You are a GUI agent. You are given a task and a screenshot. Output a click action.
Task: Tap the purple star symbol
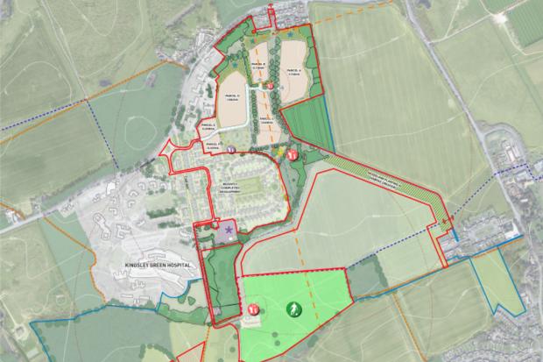tap(230, 229)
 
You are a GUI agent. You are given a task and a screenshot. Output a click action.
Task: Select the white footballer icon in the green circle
tap(292, 309)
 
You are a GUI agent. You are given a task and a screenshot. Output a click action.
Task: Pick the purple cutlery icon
tap(231, 150)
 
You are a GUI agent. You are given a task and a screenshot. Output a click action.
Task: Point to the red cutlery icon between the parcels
tap(271, 85)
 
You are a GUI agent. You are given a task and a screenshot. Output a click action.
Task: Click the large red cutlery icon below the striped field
tap(293, 153)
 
